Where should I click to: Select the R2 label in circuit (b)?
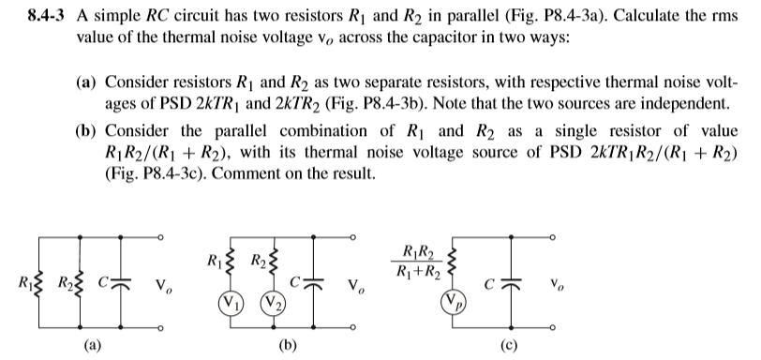[x=253, y=254]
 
